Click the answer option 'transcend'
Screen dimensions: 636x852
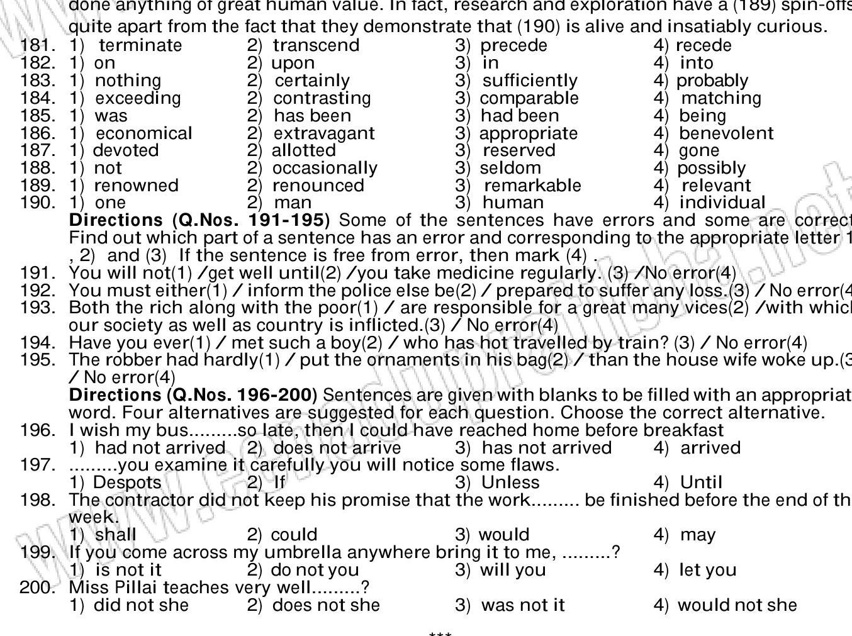click(x=316, y=46)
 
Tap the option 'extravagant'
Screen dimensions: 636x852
click(x=324, y=133)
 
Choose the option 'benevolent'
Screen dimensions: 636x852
click(x=726, y=133)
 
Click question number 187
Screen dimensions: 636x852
click(x=36, y=150)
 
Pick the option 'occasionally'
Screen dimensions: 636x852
click(x=325, y=168)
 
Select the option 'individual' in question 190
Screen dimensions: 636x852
click(x=722, y=203)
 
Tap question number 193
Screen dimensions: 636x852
click(x=36, y=308)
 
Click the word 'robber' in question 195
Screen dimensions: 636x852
click(x=120, y=360)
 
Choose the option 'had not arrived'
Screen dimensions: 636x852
click(x=160, y=448)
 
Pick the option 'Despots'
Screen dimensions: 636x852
click(x=127, y=483)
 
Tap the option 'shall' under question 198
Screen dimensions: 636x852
click(x=115, y=535)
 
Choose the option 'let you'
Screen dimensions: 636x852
click(x=707, y=570)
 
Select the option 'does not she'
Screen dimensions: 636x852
click(x=326, y=605)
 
